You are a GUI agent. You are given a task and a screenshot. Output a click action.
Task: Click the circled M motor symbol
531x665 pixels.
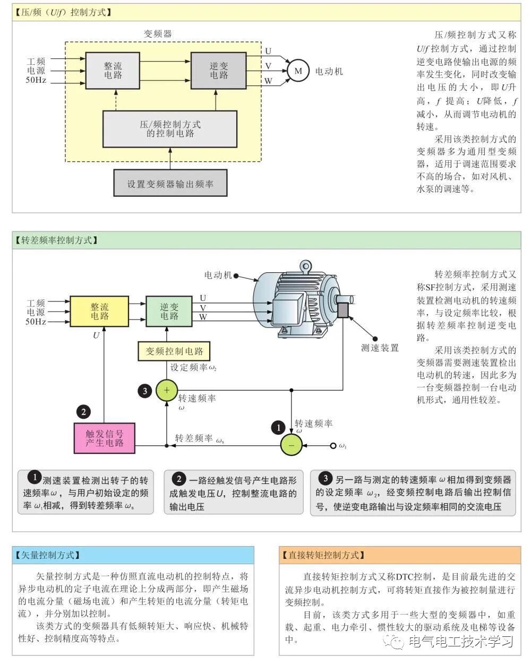click(x=298, y=71)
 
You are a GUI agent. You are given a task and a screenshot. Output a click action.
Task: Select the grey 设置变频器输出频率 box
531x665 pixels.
click(x=170, y=184)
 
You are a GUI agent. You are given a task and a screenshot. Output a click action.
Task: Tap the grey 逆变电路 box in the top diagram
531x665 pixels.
click(x=219, y=71)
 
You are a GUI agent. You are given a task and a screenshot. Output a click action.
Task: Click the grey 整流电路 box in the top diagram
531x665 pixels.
click(x=113, y=71)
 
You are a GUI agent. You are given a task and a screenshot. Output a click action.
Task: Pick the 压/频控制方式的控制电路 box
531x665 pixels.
click(x=170, y=129)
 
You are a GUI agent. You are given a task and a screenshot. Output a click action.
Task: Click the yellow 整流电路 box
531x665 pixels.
click(x=99, y=312)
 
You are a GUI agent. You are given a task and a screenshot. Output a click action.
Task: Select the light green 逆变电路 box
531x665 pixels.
click(x=169, y=312)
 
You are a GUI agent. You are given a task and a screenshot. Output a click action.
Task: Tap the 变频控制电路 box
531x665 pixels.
click(x=174, y=351)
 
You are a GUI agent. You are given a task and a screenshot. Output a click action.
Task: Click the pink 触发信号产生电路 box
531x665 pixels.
click(x=105, y=438)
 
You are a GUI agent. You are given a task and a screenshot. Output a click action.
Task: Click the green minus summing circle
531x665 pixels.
click(x=291, y=445)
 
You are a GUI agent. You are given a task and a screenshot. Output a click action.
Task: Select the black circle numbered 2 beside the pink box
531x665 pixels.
click(x=83, y=411)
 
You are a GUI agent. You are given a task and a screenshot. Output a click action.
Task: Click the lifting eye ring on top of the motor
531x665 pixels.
click(x=305, y=265)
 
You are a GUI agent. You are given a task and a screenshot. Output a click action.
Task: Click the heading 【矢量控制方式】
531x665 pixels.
click(x=48, y=555)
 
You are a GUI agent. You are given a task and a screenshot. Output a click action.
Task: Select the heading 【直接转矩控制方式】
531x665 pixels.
click(x=323, y=555)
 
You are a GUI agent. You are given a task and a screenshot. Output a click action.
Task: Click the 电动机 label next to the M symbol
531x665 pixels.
click(x=329, y=71)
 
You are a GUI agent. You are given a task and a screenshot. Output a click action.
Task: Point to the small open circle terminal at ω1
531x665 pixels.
click(x=333, y=445)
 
